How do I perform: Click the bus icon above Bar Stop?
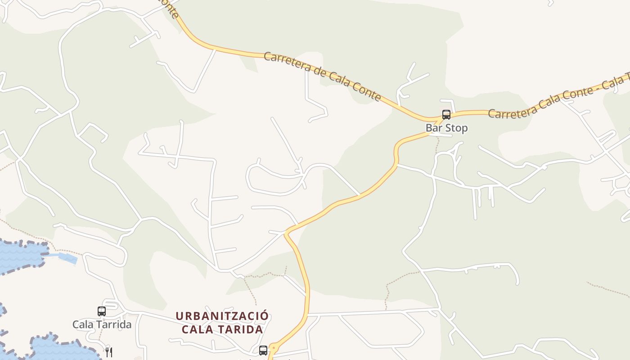[446, 115]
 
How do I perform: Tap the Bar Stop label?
[446, 128]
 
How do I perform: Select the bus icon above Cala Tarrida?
[102, 311]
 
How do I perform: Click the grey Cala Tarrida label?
[102, 324]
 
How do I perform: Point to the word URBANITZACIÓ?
[222, 316]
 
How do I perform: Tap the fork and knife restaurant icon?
[108, 352]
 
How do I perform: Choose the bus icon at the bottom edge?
[263, 350]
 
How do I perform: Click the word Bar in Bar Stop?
[433, 128]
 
